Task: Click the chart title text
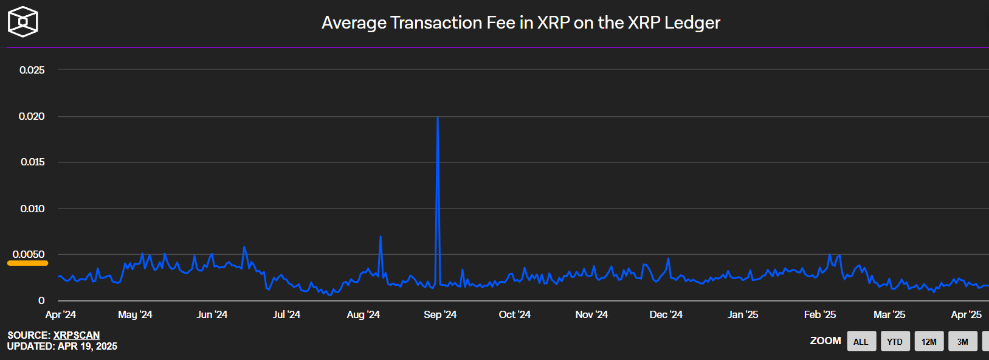pyautogui.click(x=520, y=22)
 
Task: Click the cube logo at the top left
pyautogui.click(x=22, y=22)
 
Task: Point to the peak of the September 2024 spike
pyautogui.click(x=438, y=117)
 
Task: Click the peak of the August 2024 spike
pyautogui.click(x=381, y=237)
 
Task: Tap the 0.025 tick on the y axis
pyautogui.click(x=32, y=70)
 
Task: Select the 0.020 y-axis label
pyautogui.click(x=32, y=116)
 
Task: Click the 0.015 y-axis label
pyautogui.click(x=32, y=162)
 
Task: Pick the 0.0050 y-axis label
pyautogui.click(x=29, y=254)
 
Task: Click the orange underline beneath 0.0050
pyautogui.click(x=27, y=263)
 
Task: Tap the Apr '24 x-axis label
pyautogui.click(x=60, y=314)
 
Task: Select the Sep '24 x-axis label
pyautogui.click(x=440, y=314)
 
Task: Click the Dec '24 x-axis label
pyautogui.click(x=666, y=314)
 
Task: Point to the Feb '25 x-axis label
pyautogui.click(x=819, y=314)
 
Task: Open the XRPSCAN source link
pyautogui.click(x=77, y=335)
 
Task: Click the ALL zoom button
pyautogui.click(x=861, y=341)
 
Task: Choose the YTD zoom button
pyautogui.click(x=895, y=341)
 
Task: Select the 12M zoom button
pyautogui.click(x=929, y=341)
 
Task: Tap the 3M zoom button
pyautogui.click(x=963, y=341)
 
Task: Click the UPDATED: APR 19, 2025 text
pyautogui.click(x=62, y=346)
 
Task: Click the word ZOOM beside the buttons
pyautogui.click(x=825, y=341)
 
